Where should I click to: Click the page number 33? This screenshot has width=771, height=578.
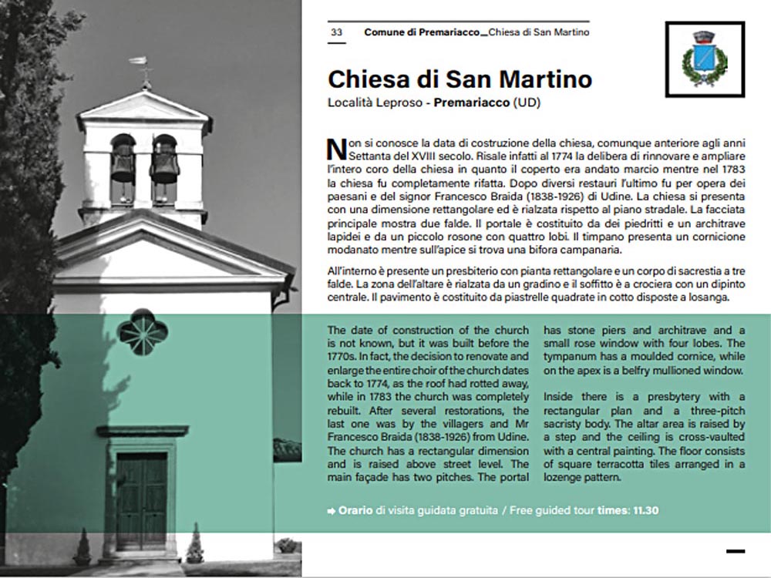(336, 32)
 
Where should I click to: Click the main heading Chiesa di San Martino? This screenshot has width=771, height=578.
(460, 79)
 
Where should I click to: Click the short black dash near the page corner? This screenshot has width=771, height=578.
(736, 550)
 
